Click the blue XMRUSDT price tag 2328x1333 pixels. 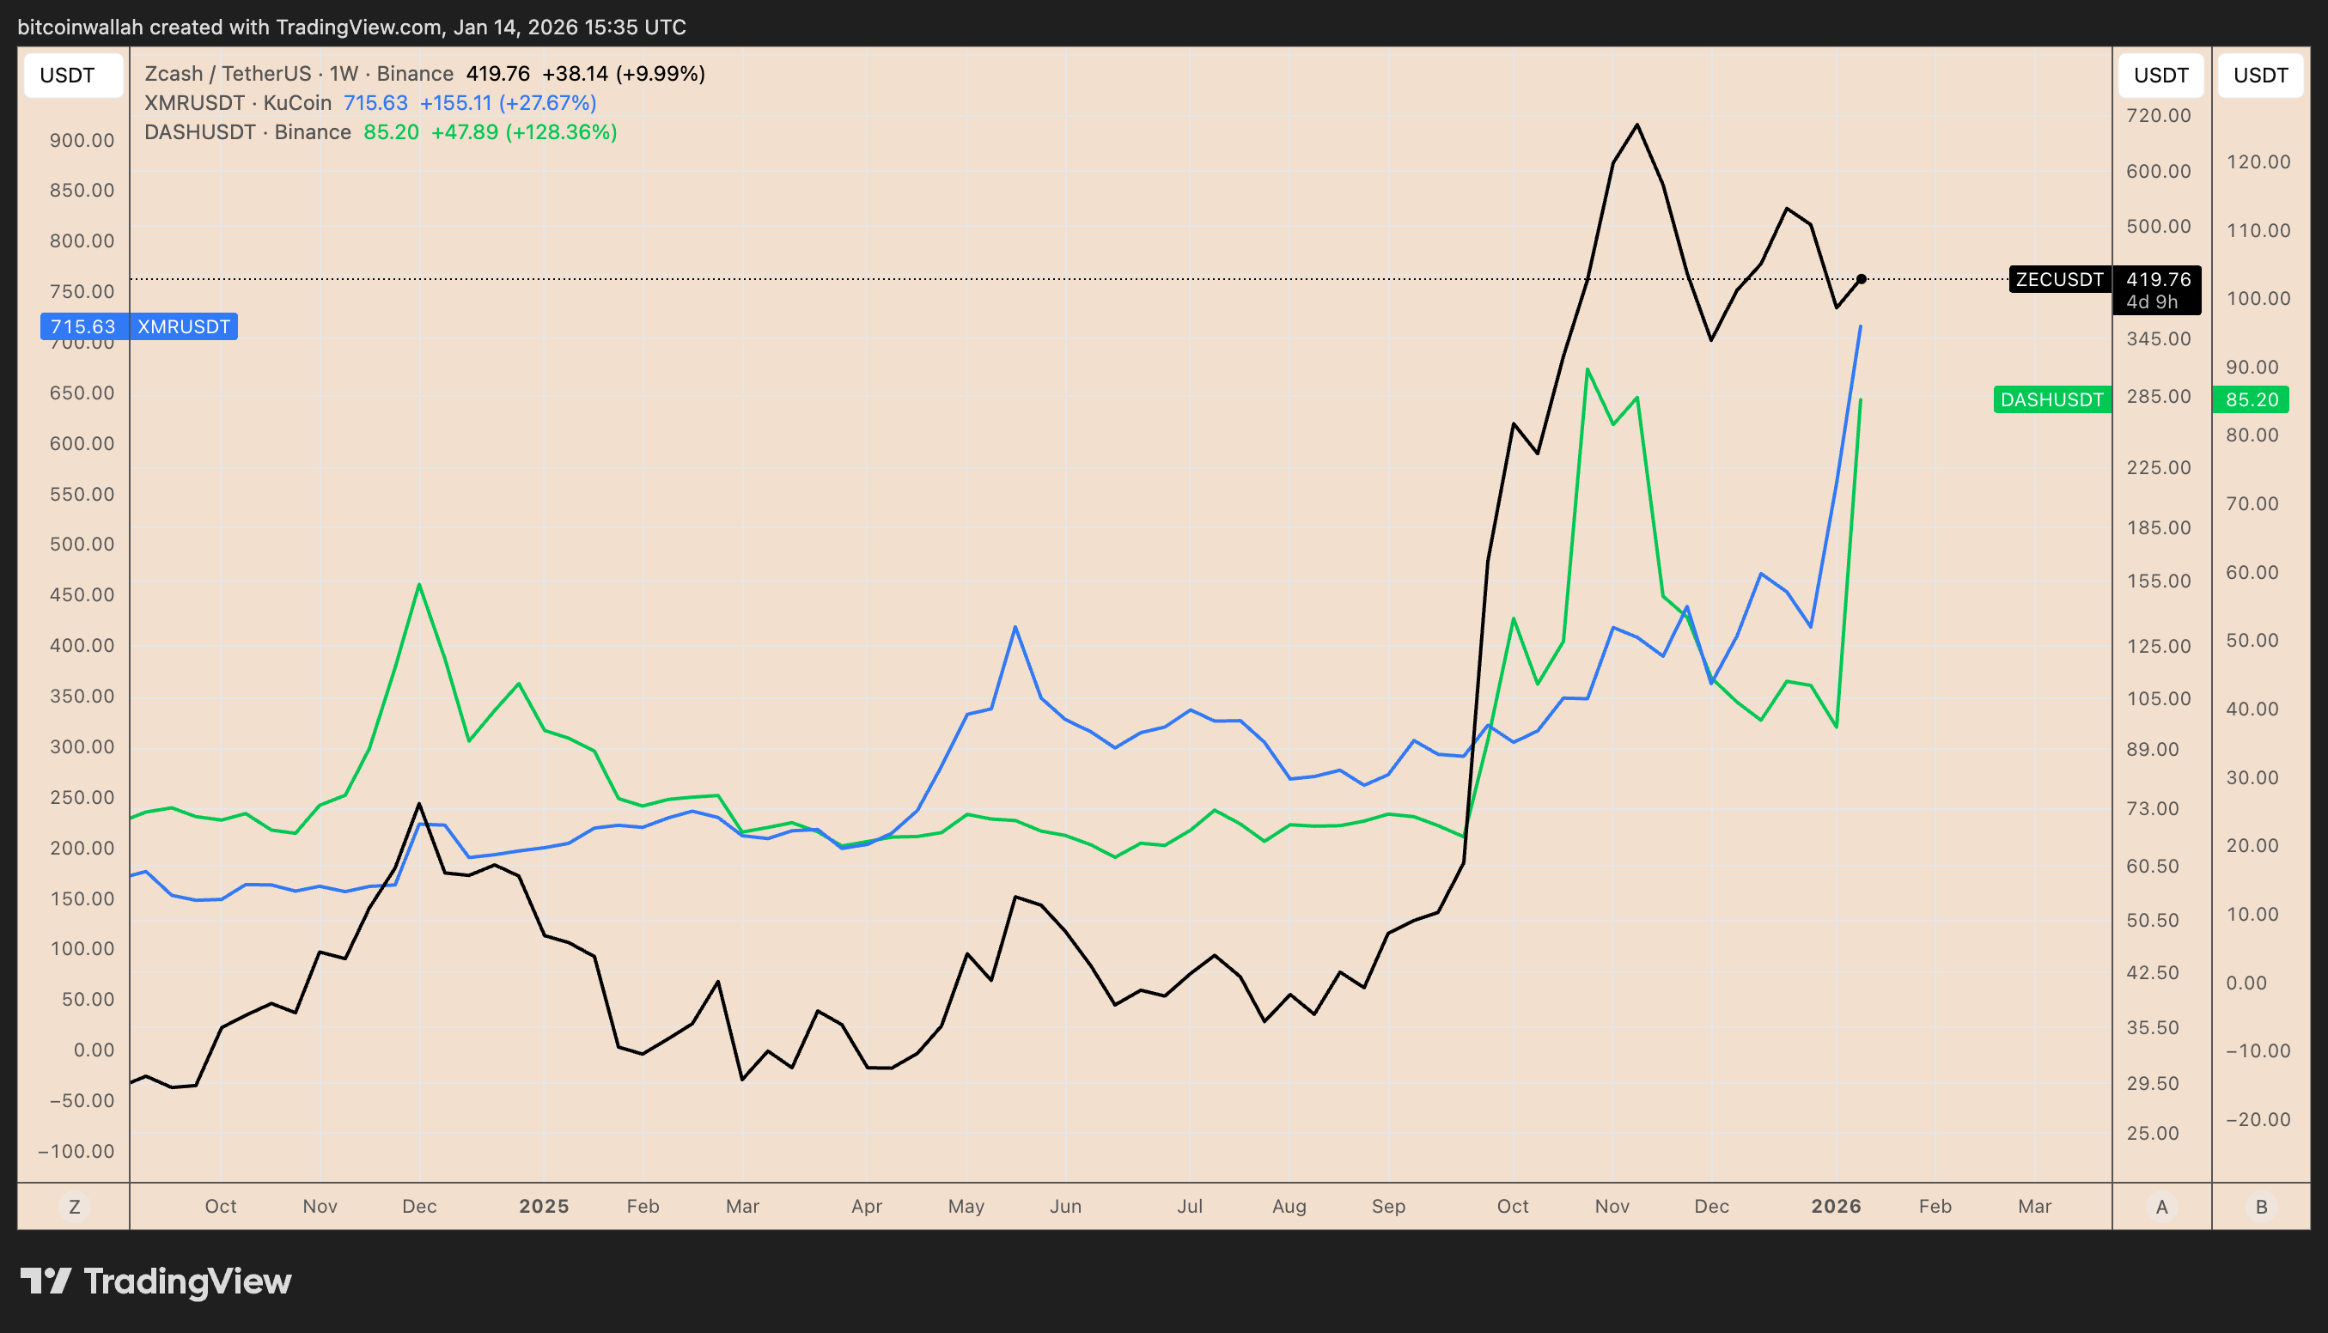[x=139, y=327]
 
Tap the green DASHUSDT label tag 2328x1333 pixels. [x=2051, y=400]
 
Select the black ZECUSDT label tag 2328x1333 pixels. [x=2059, y=279]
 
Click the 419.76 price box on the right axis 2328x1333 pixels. [x=2157, y=289]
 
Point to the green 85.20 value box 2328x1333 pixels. [x=2251, y=400]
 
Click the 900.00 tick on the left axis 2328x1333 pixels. [x=82, y=140]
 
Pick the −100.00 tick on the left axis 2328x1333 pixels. [x=77, y=1151]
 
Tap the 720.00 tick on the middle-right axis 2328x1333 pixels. [x=2159, y=115]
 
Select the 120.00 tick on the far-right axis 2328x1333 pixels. [x=2258, y=162]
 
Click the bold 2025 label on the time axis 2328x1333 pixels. [x=544, y=1207]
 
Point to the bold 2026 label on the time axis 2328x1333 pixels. [x=1836, y=1207]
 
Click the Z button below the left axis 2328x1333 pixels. [x=74, y=1207]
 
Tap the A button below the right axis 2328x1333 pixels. [x=2161, y=1207]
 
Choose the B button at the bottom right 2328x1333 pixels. [x=2261, y=1207]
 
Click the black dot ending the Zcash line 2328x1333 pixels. [x=1862, y=279]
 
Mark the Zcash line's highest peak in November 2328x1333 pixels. [x=1636, y=125]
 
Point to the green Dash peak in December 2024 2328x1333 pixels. [x=419, y=584]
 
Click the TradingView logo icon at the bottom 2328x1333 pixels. [x=45, y=1281]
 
